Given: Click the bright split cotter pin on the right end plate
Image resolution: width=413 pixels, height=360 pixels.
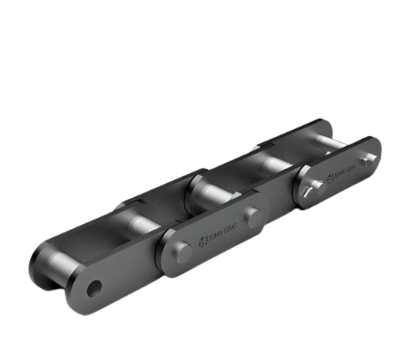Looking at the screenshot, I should pyautogui.click(x=313, y=189).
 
